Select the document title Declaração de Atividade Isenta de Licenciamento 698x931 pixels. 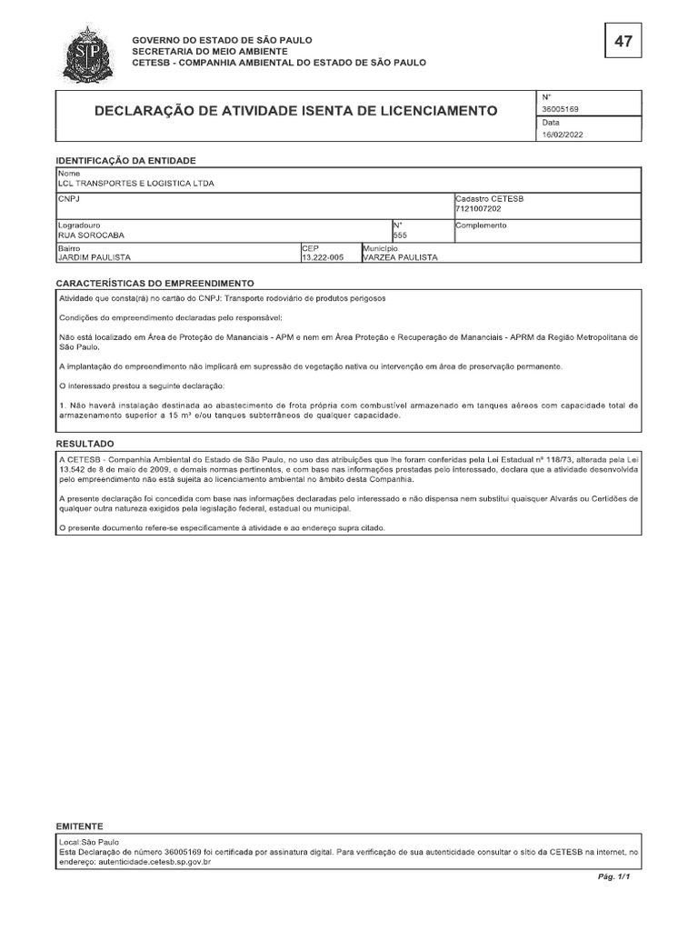click(x=296, y=111)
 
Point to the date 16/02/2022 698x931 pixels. click(x=563, y=135)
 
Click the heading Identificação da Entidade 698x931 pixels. click(x=125, y=160)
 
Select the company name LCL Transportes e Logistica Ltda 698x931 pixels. click(x=136, y=183)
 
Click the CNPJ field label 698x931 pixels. click(x=69, y=197)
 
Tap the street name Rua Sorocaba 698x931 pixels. click(x=90, y=235)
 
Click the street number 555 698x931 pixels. click(x=400, y=235)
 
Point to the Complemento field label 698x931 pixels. click(x=481, y=225)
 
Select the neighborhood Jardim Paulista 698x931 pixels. click(x=94, y=257)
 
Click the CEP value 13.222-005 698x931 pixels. click(x=322, y=257)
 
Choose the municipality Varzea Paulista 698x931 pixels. click(x=400, y=257)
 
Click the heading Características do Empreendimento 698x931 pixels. click(x=155, y=284)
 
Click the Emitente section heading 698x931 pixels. click(x=80, y=826)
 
